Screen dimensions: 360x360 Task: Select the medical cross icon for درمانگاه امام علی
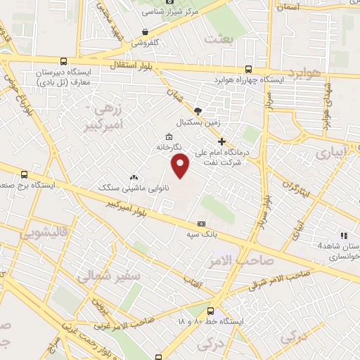point(221,142)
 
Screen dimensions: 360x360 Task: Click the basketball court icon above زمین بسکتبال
point(198,110)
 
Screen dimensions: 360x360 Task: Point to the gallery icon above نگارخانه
point(168,137)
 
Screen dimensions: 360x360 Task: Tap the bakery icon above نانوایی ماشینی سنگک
point(134,177)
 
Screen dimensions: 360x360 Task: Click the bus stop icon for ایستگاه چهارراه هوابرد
point(248,69)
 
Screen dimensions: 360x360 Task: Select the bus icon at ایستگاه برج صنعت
point(25,174)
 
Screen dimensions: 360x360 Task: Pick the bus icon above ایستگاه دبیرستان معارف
point(64,61)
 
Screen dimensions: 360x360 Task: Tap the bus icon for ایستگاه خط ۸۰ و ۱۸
point(210,311)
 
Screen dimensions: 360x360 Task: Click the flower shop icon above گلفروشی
point(145,32)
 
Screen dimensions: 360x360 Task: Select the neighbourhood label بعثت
point(218,39)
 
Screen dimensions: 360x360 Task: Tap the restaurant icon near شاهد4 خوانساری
point(344,236)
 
